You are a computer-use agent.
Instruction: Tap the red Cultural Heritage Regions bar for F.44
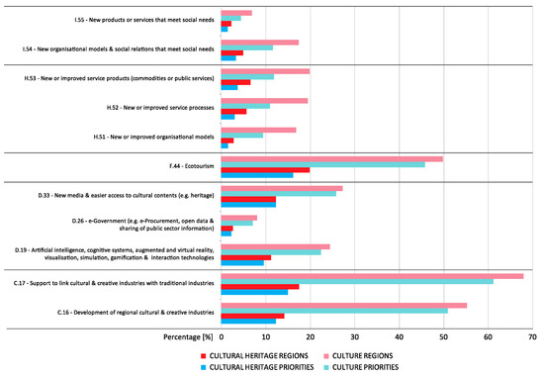[265, 170]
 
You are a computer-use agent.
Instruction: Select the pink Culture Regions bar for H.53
[265, 71]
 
